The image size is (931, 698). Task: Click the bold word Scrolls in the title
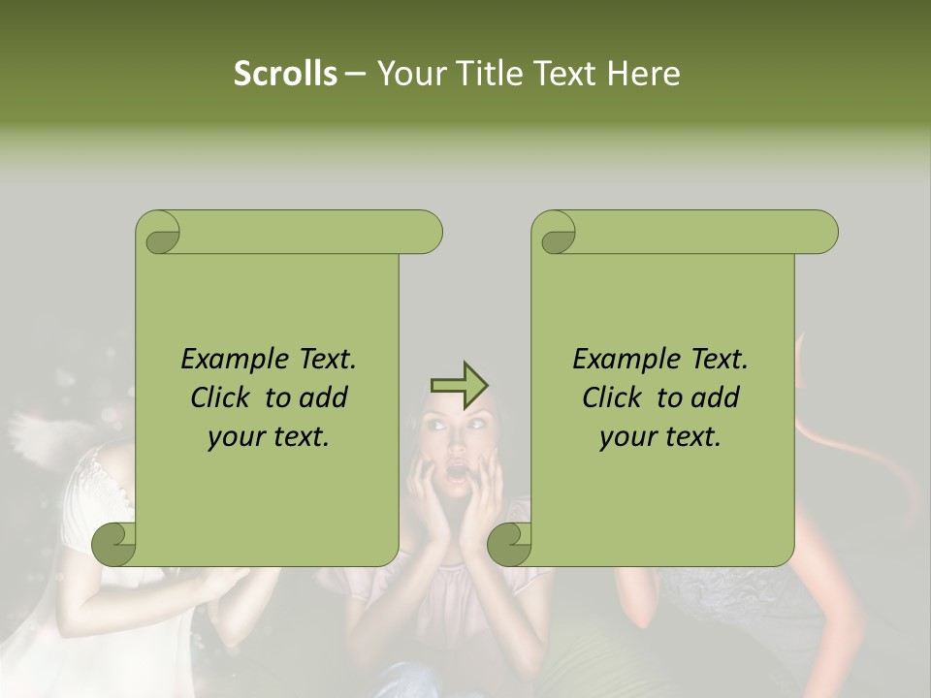(x=285, y=74)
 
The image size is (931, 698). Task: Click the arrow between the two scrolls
(x=459, y=386)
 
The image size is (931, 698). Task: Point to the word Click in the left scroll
(x=222, y=397)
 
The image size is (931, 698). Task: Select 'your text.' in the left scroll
(x=269, y=436)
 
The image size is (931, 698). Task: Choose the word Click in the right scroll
(x=614, y=397)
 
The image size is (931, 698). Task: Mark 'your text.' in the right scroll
(x=660, y=436)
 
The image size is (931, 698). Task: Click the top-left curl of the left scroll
(x=158, y=233)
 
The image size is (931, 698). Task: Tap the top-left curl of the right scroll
(x=554, y=233)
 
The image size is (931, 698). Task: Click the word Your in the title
(x=407, y=74)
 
